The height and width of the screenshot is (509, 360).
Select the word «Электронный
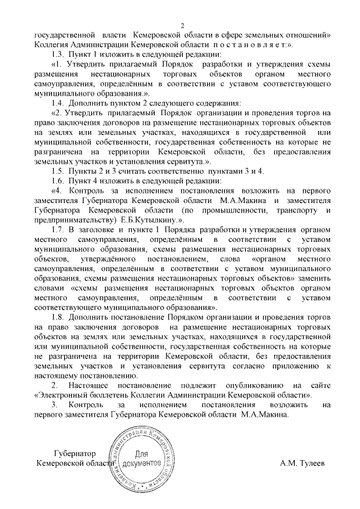pos(63,395)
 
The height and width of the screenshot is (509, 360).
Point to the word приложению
pos(296,366)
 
